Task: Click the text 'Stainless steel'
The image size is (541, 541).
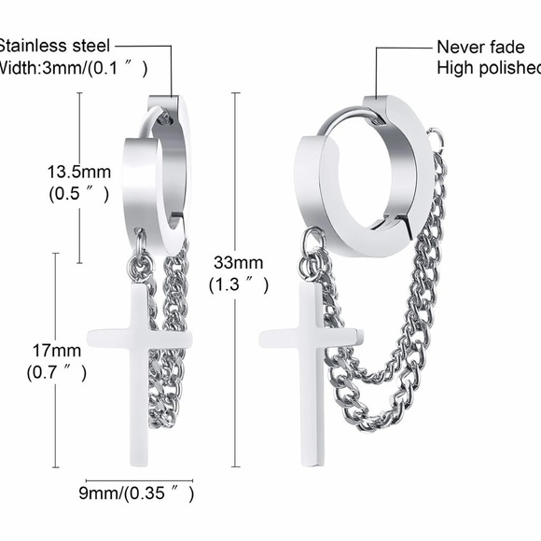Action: pos(56,45)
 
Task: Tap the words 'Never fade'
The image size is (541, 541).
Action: pos(474,46)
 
